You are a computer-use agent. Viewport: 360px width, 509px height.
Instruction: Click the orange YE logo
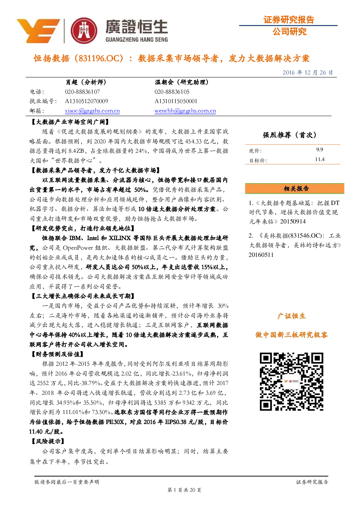(x=38, y=31)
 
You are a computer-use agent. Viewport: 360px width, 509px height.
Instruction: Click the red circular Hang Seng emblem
(x=84, y=31)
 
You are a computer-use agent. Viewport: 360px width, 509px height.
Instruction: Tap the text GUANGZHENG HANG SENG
(x=136, y=40)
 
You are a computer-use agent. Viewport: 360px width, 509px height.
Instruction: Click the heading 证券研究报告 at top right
(x=289, y=20)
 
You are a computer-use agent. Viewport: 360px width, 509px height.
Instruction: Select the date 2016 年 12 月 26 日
(x=307, y=73)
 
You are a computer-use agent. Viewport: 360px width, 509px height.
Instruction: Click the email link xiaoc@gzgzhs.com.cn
(x=92, y=111)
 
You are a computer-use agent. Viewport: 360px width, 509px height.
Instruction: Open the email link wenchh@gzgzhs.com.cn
(x=185, y=111)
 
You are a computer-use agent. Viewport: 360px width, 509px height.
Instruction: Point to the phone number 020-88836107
(x=82, y=92)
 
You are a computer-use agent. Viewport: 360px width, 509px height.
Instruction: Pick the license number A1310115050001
(x=176, y=101)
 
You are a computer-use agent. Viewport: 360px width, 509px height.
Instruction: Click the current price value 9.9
(x=320, y=149)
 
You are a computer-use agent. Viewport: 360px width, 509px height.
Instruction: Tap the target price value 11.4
(x=320, y=159)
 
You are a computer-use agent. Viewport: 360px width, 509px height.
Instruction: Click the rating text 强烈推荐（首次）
(x=290, y=135)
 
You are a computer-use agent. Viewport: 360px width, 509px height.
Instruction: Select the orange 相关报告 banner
(x=295, y=188)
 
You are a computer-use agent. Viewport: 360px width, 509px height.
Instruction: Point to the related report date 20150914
(x=293, y=222)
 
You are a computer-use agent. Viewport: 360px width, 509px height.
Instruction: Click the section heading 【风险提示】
(x=47, y=441)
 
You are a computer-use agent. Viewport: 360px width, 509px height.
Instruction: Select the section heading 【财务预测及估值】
(x=57, y=354)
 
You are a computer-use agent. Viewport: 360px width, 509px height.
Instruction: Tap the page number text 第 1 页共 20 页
(x=184, y=490)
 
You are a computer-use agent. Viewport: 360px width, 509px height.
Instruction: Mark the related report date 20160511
(x=261, y=255)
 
